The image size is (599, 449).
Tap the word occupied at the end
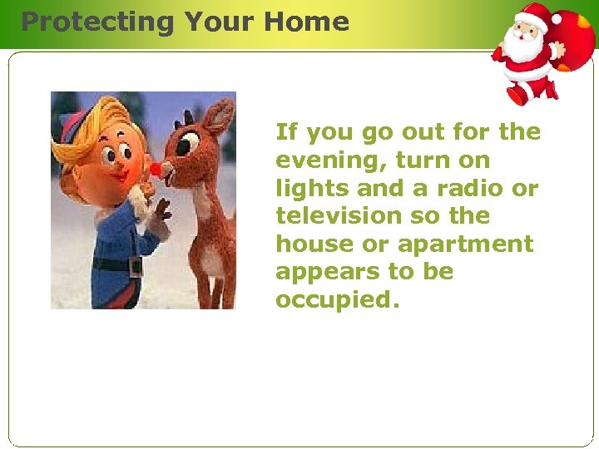tap(337, 300)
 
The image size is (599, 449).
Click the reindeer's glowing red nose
tap(154, 169)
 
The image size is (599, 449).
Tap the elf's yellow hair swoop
tap(79, 137)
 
